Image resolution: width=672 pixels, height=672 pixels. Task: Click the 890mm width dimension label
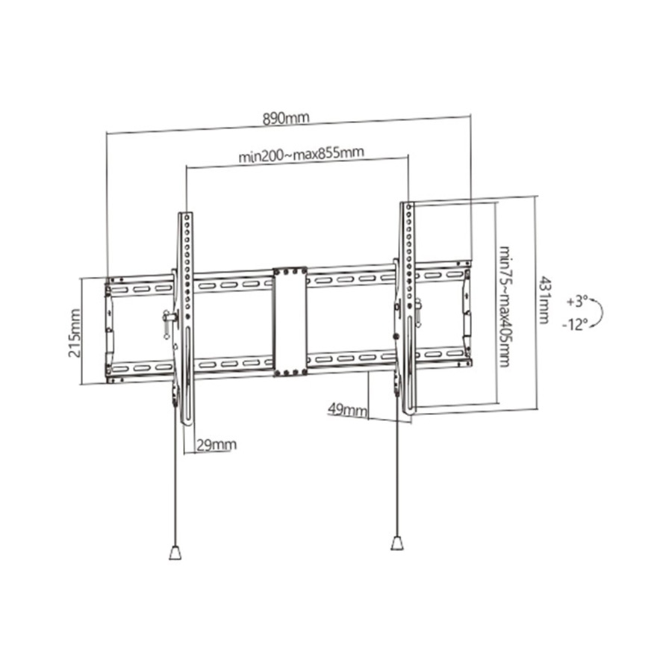(x=284, y=119)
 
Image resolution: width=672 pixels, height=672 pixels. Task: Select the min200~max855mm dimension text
(x=301, y=155)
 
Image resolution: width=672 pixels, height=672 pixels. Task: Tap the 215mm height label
(x=75, y=332)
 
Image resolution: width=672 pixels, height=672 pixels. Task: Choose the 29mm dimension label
(x=216, y=445)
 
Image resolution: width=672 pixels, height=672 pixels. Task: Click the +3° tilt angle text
(x=577, y=302)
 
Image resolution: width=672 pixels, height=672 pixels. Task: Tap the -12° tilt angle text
(x=576, y=324)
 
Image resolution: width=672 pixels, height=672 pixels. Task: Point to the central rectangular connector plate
(x=290, y=321)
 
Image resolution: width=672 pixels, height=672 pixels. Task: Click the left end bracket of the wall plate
(x=110, y=329)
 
